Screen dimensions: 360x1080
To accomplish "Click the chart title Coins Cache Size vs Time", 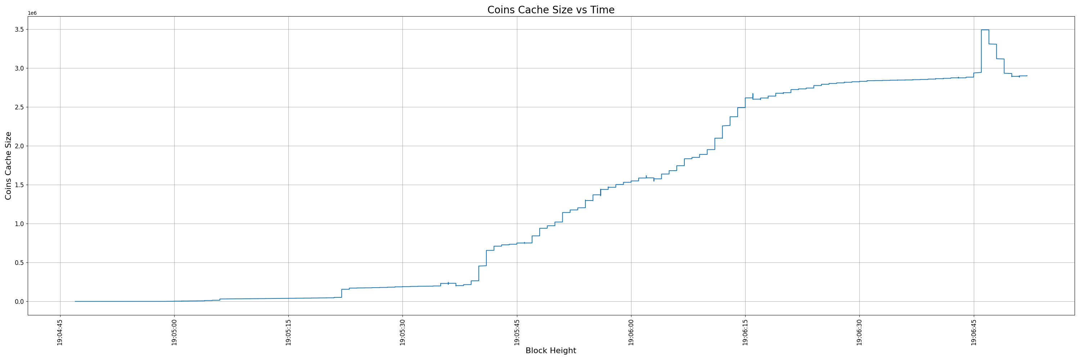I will [x=550, y=10].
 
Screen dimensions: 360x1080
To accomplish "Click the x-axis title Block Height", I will [x=550, y=351].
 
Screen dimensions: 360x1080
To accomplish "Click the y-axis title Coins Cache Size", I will [x=8, y=166].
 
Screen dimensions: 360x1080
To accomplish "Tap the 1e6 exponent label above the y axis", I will [x=32, y=13].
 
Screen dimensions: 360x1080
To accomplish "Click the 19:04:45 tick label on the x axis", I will [x=60, y=332].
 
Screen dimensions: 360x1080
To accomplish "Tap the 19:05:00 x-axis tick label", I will [x=174, y=332].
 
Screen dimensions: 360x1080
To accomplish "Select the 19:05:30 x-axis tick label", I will [x=402, y=332].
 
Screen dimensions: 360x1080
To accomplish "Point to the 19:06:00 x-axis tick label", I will [x=631, y=332].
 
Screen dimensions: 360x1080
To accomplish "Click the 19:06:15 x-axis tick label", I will [x=745, y=332].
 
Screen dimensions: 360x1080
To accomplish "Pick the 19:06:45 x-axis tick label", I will [x=973, y=332].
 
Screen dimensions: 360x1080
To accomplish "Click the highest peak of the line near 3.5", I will [x=985, y=30].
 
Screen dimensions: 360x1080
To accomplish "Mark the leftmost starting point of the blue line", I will [x=75, y=301].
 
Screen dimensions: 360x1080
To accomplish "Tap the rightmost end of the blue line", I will [x=1027, y=76].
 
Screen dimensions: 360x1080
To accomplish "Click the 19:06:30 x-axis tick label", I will [x=859, y=332].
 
